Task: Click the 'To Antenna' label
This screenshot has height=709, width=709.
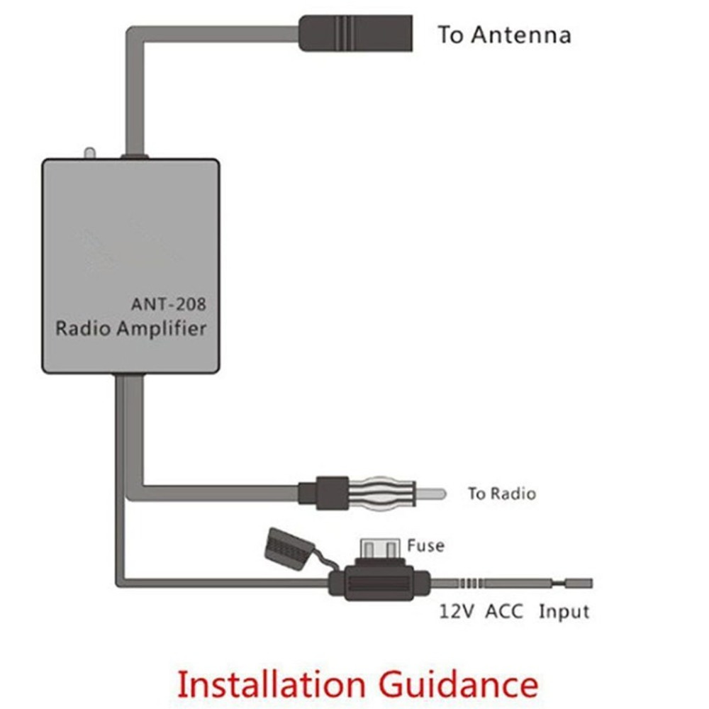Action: coord(504,35)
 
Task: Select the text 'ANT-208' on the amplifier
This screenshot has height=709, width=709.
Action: coord(169,304)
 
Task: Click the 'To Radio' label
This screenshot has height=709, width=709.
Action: coord(501,493)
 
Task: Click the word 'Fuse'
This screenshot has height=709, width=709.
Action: coord(425,545)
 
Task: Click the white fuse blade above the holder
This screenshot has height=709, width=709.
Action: coord(379,549)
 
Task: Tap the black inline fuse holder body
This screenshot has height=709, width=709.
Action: coord(380,584)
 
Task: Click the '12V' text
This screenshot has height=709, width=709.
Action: coord(454,611)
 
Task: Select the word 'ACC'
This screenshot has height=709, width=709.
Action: coord(504,611)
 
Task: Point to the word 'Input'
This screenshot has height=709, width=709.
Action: coord(564,611)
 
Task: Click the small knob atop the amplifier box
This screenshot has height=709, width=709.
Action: coord(89,153)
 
